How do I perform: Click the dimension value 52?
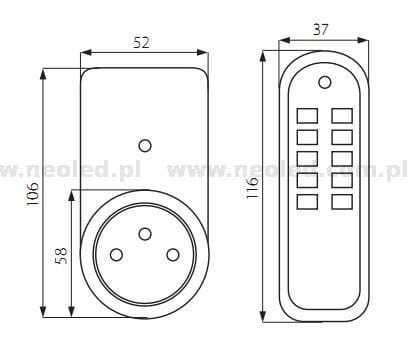pos(141,43)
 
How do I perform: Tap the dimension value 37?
pos(320,30)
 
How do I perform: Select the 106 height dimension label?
pos(33,194)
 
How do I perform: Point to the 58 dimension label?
pos(61,256)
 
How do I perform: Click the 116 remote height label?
pos(252,188)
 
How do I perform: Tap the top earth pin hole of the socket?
pos(145,234)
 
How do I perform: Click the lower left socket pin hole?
pos(116,255)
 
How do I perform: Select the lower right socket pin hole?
pos(173,255)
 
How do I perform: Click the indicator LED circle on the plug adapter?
pos(145,146)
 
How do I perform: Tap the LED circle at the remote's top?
pos(324,82)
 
